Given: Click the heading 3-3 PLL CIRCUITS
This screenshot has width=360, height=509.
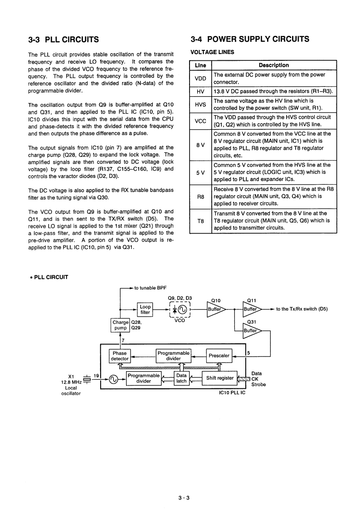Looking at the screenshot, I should click(x=63, y=39).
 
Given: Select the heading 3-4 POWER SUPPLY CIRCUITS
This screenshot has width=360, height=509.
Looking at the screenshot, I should click(x=250, y=39).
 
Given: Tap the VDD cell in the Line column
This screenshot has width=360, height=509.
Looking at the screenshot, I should click(x=200, y=78).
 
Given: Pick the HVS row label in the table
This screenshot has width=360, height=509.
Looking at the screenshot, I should click(x=200, y=104).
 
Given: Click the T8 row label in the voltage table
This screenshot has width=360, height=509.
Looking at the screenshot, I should click(x=200, y=221).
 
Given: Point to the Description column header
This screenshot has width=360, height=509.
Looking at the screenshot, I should click(x=274, y=65).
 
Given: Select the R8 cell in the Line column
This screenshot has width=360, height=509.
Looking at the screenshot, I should click(x=200, y=197).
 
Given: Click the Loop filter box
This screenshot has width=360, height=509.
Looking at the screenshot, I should click(x=145, y=310).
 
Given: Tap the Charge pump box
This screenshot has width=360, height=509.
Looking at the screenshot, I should click(x=120, y=325).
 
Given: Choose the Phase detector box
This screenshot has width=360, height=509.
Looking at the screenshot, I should click(x=120, y=356).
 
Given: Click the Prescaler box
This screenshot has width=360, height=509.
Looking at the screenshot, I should click(x=219, y=356).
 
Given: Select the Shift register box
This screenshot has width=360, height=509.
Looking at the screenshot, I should click(x=220, y=378).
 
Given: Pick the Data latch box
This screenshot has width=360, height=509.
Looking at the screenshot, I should click(x=181, y=378).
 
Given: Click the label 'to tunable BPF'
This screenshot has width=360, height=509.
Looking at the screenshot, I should click(x=151, y=288).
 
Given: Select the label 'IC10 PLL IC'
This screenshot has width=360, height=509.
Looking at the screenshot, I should click(x=232, y=392).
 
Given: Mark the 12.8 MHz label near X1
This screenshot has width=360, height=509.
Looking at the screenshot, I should click(x=71, y=382).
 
